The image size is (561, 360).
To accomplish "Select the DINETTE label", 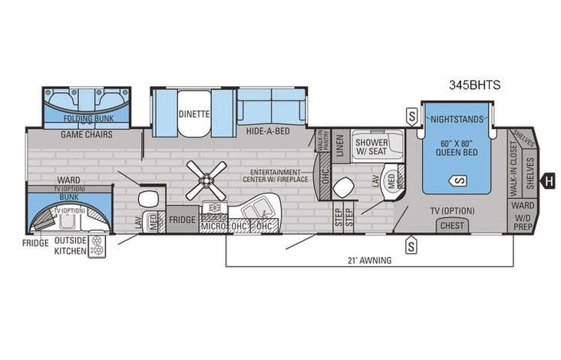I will tap(194, 114).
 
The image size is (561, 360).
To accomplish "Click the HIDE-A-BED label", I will tap(268, 132).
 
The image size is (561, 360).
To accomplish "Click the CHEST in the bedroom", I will tap(452, 226).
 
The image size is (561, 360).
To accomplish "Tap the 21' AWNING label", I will tap(370, 260).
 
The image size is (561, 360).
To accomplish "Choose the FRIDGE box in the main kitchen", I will tap(183, 219).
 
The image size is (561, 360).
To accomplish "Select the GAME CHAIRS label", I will tap(87, 134).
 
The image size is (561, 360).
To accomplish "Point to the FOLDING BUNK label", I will tap(86, 120).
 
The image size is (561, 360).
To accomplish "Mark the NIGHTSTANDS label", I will tap(457, 120).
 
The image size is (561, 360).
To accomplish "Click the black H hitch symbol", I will tap(548, 181).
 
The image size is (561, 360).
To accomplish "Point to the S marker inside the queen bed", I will tap(458, 180).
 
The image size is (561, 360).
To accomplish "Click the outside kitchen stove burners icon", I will tap(97, 247).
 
